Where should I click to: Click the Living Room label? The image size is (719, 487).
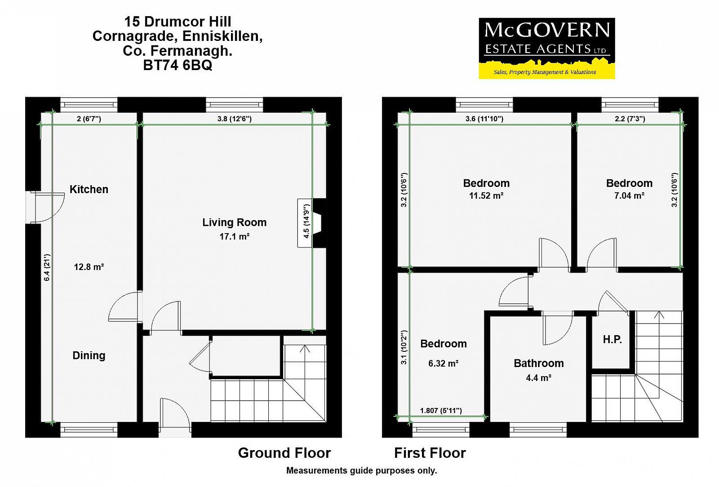[234, 222]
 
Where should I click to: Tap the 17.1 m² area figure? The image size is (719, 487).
[234, 237]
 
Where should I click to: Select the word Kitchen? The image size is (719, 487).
[89, 189]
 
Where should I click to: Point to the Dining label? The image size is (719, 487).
[89, 355]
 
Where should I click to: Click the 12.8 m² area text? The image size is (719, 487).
[89, 267]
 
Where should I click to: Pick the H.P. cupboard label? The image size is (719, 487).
[612, 340]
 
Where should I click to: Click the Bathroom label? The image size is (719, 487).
[539, 363]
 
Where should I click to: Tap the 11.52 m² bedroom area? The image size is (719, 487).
[486, 195]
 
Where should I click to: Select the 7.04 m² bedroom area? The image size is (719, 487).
[630, 195]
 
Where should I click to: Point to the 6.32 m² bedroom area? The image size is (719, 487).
[443, 363]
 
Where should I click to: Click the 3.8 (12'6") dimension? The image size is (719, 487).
[234, 119]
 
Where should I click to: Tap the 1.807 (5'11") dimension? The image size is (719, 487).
[441, 411]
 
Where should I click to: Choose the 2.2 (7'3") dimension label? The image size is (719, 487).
[630, 119]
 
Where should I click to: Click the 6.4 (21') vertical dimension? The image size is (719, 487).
[47, 268]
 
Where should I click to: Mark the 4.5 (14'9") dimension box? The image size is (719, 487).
[305, 223]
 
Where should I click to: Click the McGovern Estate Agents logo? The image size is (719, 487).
[547, 49]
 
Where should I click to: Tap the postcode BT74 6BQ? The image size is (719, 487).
[178, 66]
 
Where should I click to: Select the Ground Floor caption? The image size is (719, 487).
[284, 453]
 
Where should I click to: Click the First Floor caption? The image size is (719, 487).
[430, 453]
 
